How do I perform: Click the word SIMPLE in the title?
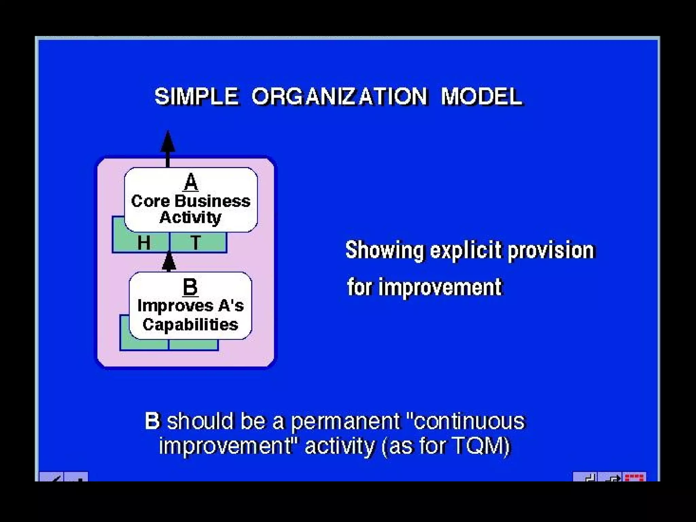(x=196, y=96)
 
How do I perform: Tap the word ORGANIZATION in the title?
(x=339, y=96)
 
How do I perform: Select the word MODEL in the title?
(x=481, y=96)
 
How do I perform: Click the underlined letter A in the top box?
(x=191, y=182)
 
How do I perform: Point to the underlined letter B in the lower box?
(x=190, y=286)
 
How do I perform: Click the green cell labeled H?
(x=144, y=243)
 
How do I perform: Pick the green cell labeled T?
(x=196, y=243)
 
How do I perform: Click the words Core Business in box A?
(x=191, y=201)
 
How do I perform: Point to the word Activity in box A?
(x=191, y=217)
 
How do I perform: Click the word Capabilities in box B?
(x=190, y=325)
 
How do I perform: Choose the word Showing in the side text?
(x=384, y=250)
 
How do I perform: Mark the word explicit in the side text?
(x=466, y=250)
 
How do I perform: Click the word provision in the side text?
(x=551, y=250)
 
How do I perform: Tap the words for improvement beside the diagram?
(x=424, y=287)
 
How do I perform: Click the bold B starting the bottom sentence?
(x=152, y=421)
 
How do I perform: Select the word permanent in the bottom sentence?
(x=345, y=421)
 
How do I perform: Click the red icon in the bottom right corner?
(x=635, y=477)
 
